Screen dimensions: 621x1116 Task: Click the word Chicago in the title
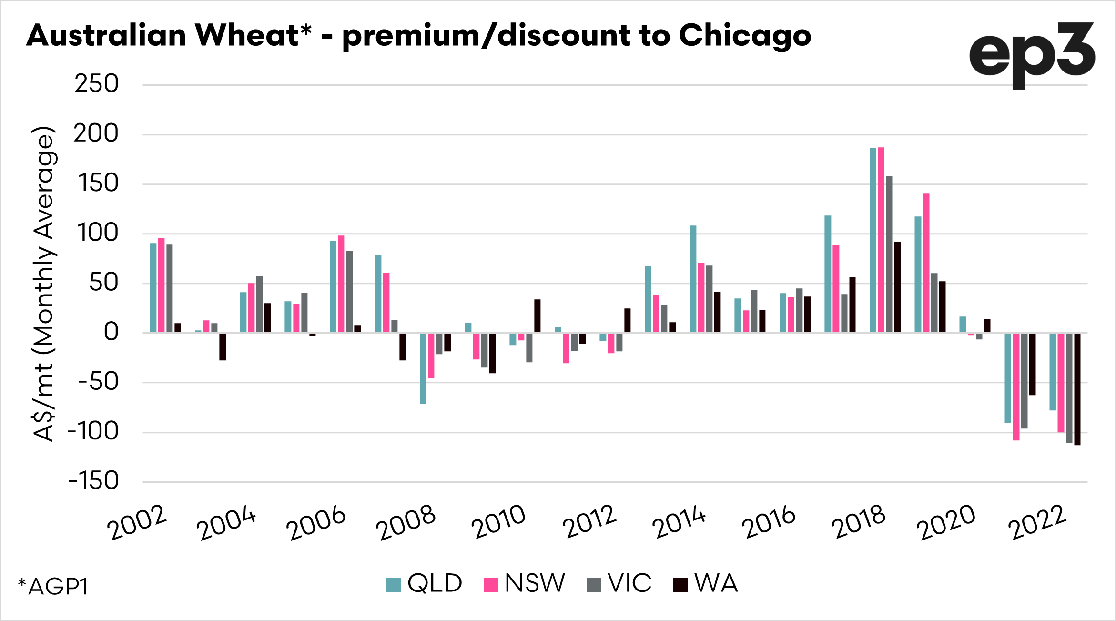click(x=744, y=36)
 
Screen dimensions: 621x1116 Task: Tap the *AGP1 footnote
click(x=53, y=586)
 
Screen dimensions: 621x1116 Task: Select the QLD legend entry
click(x=424, y=583)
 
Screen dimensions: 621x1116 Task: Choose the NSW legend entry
click(x=524, y=583)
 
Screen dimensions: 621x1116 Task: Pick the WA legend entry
click(x=706, y=583)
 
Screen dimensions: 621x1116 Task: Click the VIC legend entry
click(x=619, y=583)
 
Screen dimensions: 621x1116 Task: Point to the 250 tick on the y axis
click(x=96, y=84)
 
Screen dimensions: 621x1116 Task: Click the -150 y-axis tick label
click(x=93, y=481)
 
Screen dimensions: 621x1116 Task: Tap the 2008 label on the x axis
click(x=406, y=522)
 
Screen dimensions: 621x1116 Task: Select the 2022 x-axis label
click(x=1037, y=522)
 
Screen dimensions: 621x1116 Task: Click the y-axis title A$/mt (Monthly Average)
click(x=43, y=284)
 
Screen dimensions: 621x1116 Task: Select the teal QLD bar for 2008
click(x=423, y=368)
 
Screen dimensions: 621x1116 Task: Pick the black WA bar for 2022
click(x=1077, y=388)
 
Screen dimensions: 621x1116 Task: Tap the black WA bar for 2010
click(x=538, y=316)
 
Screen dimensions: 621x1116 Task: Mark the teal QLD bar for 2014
click(x=693, y=279)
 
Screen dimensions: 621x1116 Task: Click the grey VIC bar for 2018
click(x=889, y=254)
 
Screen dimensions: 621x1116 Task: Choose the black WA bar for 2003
click(x=223, y=346)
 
